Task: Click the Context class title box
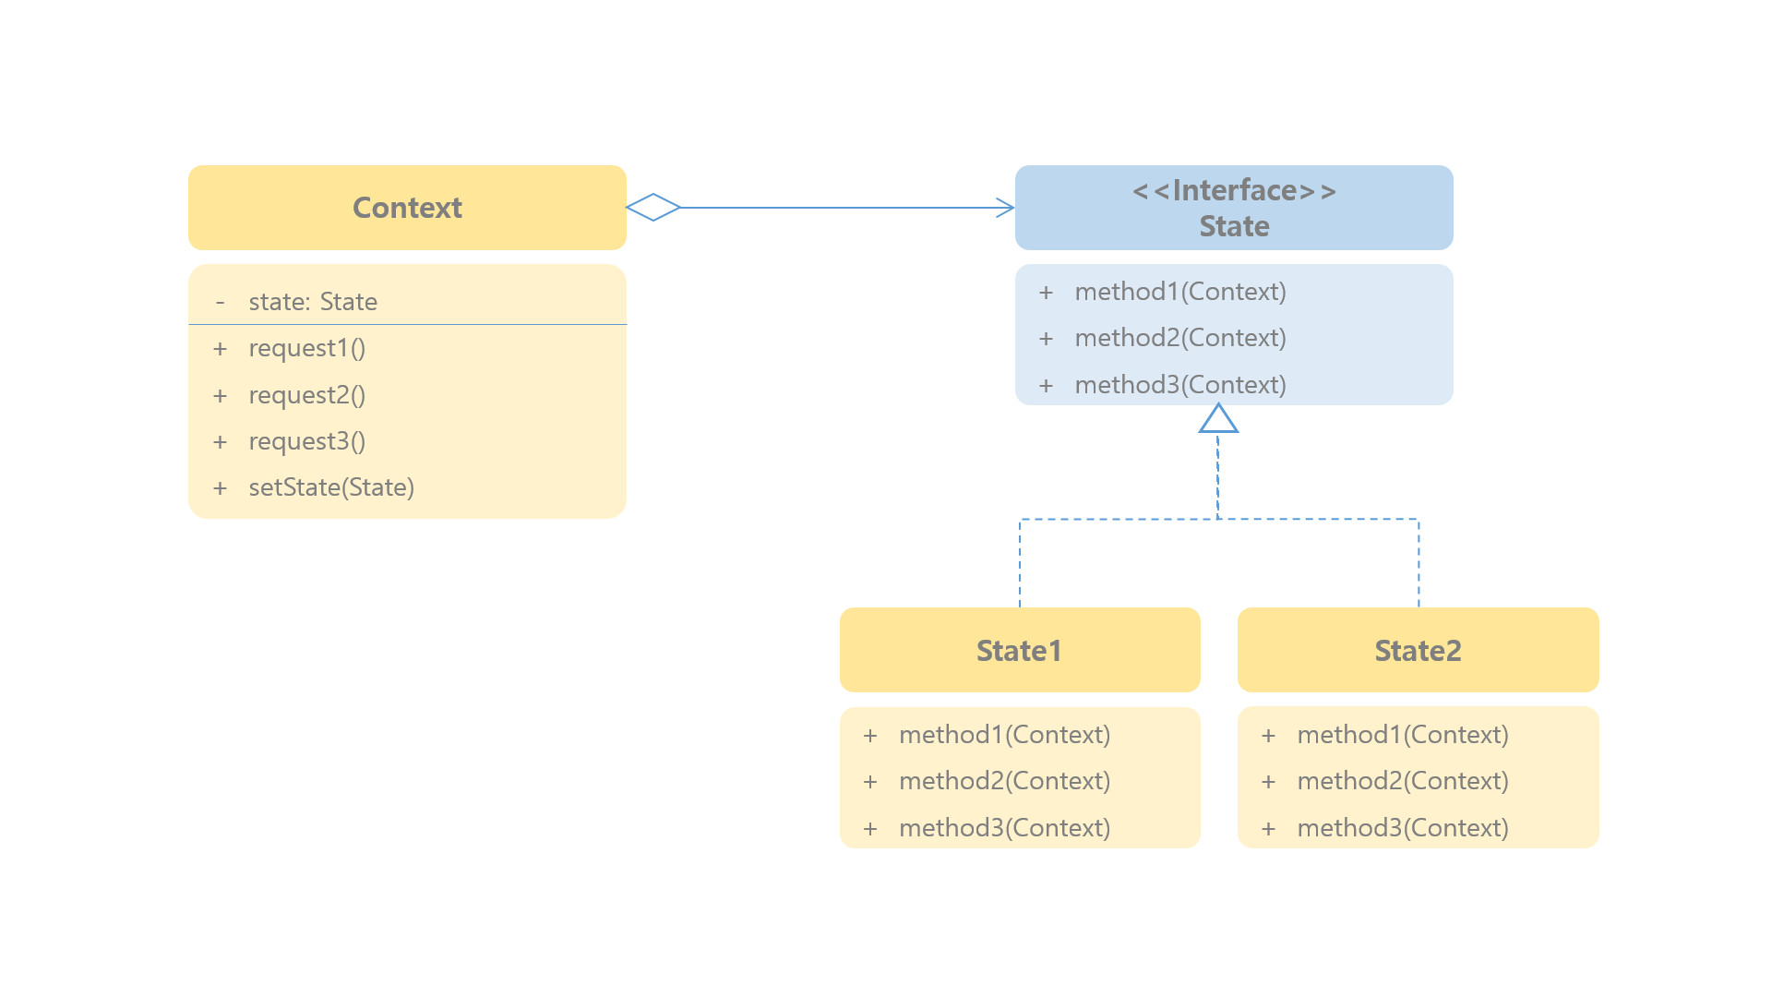[x=407, y=208]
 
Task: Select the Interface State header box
[x=1234, y=208]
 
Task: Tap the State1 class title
[x=1019, y=650]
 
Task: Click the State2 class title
[x=1418, y=650]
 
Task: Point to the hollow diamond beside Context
[x=653, y=208]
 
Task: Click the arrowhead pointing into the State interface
[x=1006, y=208]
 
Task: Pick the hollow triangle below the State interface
[x=1218, y=419]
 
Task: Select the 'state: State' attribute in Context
[x=313, y=302]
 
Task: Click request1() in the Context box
[x=307, y=348]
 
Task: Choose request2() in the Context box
[x=307, y=395]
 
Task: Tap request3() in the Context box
[x=307, y=441]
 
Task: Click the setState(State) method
[x=331, y=487]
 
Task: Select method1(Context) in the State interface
[x=1180, y=292]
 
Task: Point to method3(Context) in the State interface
[x=1180, y=384]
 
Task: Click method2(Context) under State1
[x=1005, y=781]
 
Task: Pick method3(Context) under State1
[x=1005, y=827]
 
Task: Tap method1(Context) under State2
[x=1403, y=735]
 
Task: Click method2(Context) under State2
[x=1403, y=781]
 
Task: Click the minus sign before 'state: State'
[x=220, y=303]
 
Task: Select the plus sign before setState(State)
[x=220, y=488]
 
